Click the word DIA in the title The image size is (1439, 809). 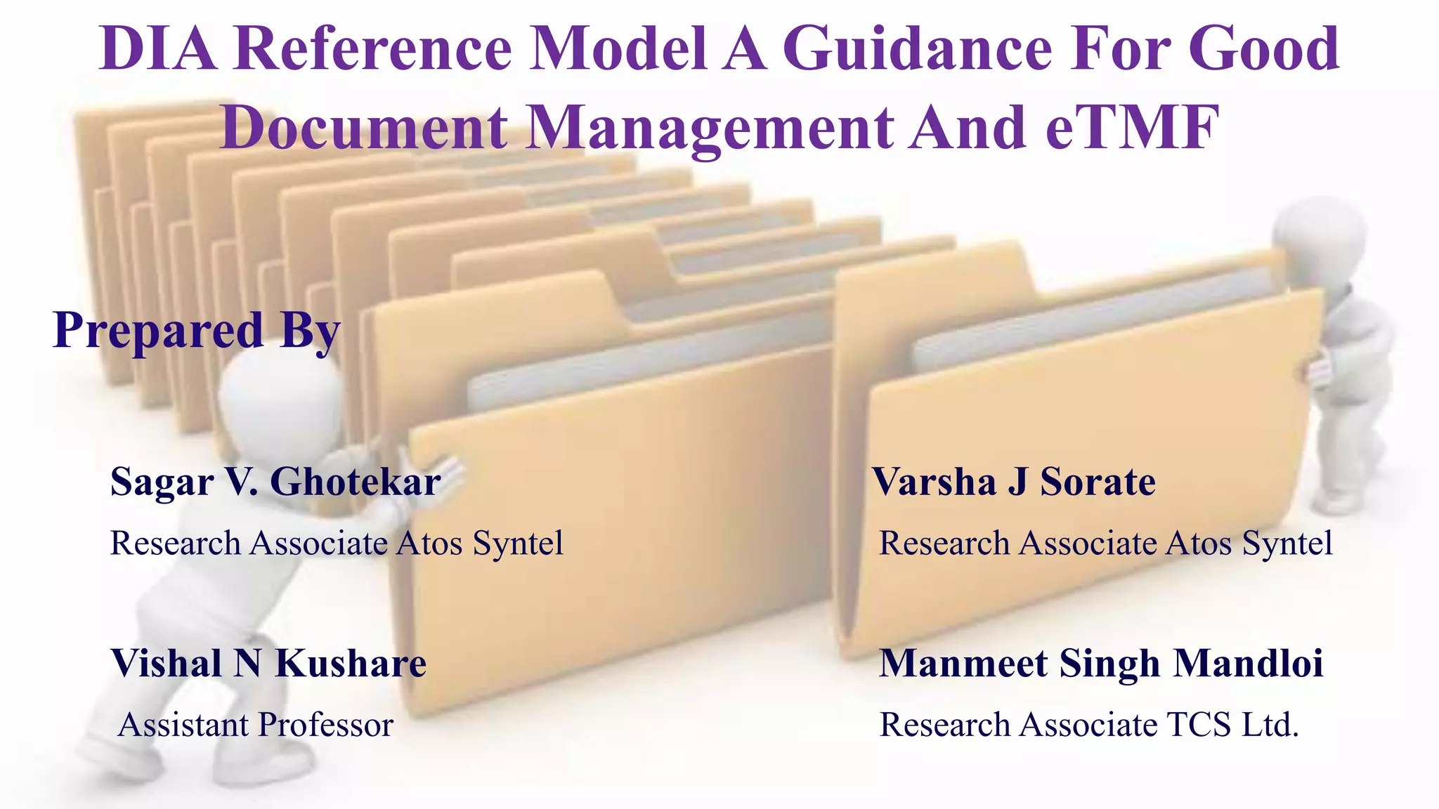(x=158, y=49)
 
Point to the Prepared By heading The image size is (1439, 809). (x=197, y=330)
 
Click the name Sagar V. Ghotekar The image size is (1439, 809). (x=275, y=482)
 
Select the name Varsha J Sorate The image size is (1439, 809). (x=1013, y=482)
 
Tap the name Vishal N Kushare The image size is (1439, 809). (x=268, y=664)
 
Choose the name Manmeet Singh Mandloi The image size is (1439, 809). (x=1101, y=664)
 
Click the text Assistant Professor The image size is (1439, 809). (x=256, y=725)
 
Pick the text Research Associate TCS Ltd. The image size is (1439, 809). (x=1089, y=725)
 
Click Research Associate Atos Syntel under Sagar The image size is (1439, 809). (x=337, y=544)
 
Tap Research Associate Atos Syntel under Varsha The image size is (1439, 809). (x=1105, y=544)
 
